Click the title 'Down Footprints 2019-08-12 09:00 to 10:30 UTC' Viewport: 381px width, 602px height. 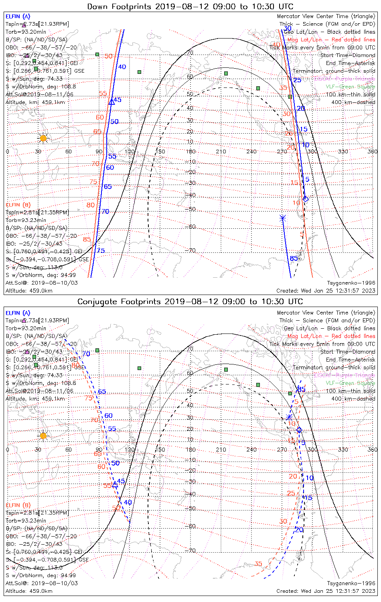point(190,6)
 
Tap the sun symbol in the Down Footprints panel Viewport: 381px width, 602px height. point(43,138)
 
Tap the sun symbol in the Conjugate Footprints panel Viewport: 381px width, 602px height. point(43,436)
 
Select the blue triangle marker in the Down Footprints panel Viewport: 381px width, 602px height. point(112,102)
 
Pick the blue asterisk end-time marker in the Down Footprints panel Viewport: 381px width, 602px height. point(283,218)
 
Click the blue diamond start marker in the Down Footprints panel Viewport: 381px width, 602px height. point(306,199)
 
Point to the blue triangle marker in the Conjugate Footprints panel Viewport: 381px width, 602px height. point(115,484)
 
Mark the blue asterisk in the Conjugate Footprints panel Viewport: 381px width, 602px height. point(289,418)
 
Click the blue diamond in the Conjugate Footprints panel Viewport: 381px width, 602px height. point(299,430)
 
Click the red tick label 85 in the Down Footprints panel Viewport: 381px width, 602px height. point(87,240)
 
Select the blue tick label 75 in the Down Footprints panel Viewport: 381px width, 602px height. point(101,251)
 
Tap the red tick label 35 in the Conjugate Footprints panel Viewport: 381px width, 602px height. point(258,564)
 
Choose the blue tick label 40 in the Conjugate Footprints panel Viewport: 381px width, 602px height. point(128,502)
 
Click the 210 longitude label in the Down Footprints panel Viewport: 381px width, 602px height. point(221,151)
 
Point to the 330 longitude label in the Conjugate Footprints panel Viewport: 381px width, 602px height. point(343,449)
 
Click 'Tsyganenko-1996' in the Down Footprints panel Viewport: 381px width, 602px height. point(351,283)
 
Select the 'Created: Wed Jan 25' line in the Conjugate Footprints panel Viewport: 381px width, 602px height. point(326,591)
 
